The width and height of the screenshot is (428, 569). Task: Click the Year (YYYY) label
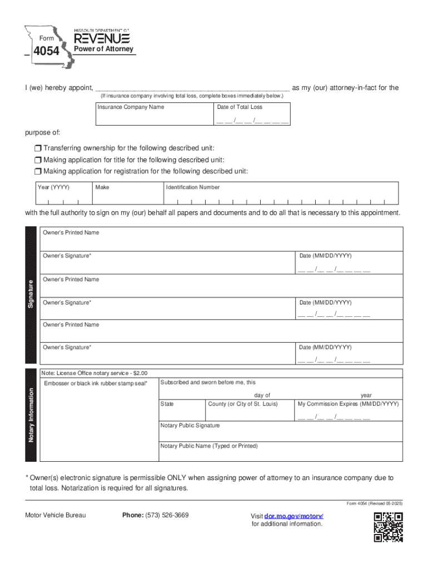[x=53, y=187]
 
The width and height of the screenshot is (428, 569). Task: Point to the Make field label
[x=102, y=187]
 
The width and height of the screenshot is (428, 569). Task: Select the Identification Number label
[x=193, y=187]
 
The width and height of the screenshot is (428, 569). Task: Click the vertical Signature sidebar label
[x=31, y=294]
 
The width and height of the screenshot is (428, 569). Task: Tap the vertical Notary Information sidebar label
[x=31, y=415]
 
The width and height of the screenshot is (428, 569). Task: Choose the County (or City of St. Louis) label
[x=242, y=404]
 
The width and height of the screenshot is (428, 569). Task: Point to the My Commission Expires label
[x=348, y=404]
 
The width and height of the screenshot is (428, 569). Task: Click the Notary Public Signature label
[x=190, y=426]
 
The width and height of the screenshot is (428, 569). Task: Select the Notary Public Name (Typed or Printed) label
[x=209, y=446]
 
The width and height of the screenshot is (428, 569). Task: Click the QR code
[x=388, y=527]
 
